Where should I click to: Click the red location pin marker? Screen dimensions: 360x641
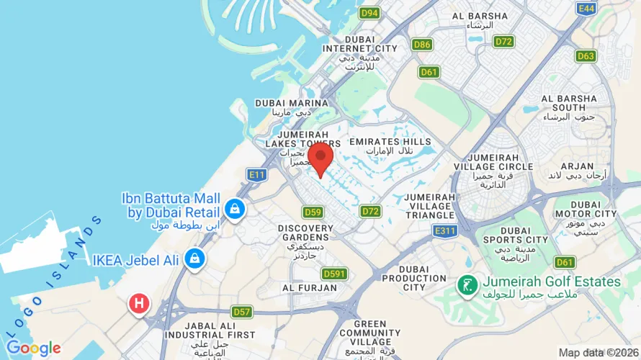[x=320, y=157]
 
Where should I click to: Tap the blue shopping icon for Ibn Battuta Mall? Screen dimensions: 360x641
[x=233, y=210]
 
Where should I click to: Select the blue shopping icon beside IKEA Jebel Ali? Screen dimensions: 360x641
[x=194, y=258]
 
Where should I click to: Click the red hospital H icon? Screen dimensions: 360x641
[x=138, y=303]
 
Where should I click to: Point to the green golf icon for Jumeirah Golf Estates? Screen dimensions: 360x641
[x=468, y=284]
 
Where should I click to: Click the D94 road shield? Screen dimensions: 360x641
[x=369, y=13]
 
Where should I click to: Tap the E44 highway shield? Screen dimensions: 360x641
[x=586, y=8]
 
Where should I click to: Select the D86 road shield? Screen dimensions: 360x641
[x=422, y=45]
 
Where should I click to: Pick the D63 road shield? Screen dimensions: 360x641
[x=586, y=55]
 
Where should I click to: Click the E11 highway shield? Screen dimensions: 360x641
[x=256, y=174]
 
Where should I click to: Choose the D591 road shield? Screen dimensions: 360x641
[x=334, y=274]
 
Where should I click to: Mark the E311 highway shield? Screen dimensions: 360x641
[x=446, y=230]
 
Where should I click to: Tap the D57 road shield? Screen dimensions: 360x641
[x=242, y=312]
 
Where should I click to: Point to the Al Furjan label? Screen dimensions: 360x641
[x=310, y=288]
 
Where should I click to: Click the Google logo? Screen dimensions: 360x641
[x=34, y=348]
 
